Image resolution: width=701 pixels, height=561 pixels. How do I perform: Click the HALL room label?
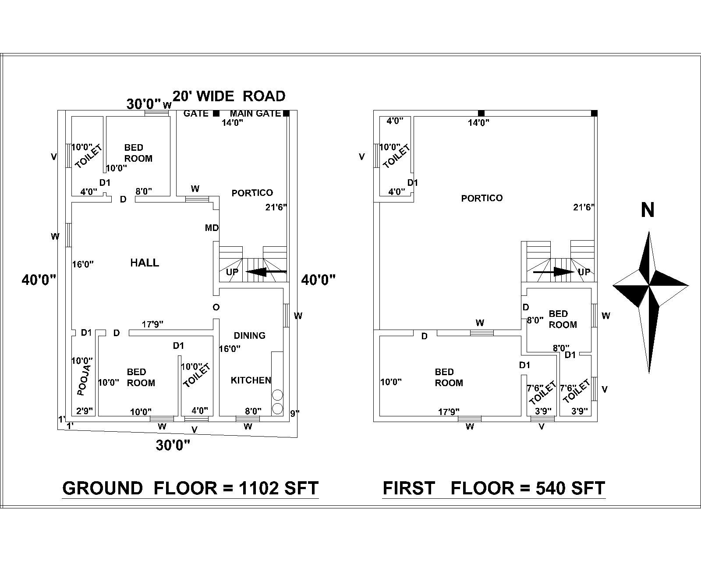(145, 263)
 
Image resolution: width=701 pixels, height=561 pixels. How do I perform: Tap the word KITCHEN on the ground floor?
(251, 380)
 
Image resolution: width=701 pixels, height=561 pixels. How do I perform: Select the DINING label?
(249, 335)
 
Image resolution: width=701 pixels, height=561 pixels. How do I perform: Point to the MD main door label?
(212, 228)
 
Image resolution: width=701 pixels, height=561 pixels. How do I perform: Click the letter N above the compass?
(648, 210)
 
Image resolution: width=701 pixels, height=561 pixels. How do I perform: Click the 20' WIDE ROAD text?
(229, 96)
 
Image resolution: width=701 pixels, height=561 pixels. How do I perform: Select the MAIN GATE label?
(255, 114)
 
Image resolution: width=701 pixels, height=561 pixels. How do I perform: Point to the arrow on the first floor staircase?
(553, 272)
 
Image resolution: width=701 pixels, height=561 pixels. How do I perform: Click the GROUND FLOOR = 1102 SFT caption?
(190, 488)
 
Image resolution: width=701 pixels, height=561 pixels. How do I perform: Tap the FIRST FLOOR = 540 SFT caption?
(494, 488)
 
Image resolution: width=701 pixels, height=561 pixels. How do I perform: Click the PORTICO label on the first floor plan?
(481, 198)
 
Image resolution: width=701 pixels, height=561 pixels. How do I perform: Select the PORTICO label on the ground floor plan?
(252, 193)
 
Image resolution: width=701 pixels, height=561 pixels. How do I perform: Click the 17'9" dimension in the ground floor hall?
(152, 324)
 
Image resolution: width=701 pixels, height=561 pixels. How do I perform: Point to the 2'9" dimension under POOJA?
(84, 411)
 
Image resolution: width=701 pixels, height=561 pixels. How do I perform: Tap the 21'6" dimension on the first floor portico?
(584, 207)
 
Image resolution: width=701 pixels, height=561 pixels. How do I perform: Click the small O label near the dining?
(216, 307)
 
